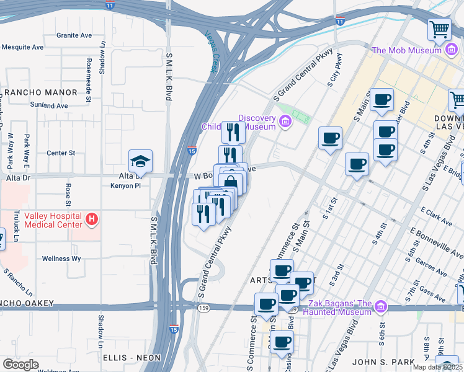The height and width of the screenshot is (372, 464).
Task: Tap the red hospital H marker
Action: pyautogui.click(x=92, y=219)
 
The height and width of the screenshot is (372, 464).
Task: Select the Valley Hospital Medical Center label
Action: pyautogui.click(x=53, y=219)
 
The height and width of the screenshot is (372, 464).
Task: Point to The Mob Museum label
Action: pyautogui.click(x=414, y=50)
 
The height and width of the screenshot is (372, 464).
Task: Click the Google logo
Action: pyautogui.click(x=20, y=364)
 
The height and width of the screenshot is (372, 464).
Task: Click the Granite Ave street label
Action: pyautogui.click(x=74, y=35)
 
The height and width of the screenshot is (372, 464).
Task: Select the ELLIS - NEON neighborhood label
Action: pyautogui.click(x=132, y=358)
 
